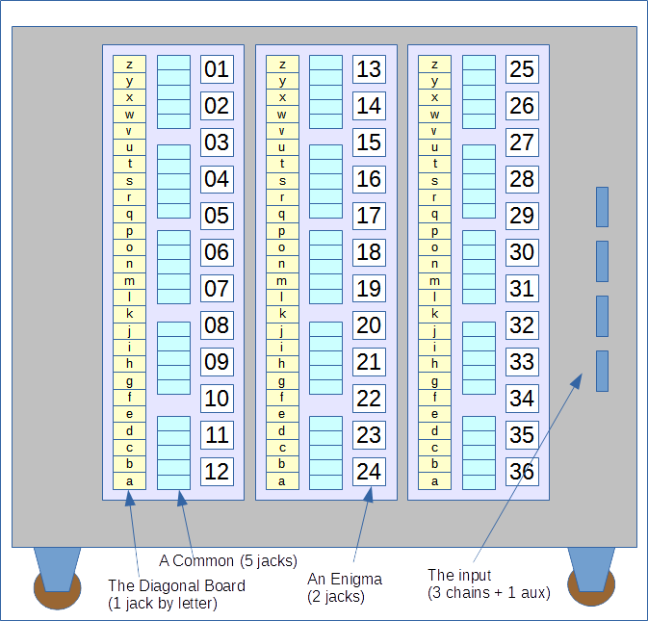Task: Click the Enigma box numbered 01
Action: tap(217, 69)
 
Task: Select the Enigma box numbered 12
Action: tap(217, 472)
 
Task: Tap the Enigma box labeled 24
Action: tap(369, 472)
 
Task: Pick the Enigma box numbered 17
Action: tap(369, 216)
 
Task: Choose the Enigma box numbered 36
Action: tap(523, 472)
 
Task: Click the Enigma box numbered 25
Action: tap(523, 69)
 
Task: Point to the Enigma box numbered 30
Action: tap(523, 252)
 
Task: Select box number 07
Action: tap(217, 289)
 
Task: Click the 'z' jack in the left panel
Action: tap(129, 65)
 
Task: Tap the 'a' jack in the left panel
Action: tap(129, 481)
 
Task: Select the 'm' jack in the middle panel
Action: tap(282, 281)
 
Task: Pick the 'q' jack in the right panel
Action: tap(434, 214)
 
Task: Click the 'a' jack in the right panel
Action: tap(434, 481)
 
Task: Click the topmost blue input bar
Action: tap(602, 207)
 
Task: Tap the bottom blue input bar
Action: tap(602, 371)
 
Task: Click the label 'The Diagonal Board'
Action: tap(176, 586)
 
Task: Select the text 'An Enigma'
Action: tap(345, 580)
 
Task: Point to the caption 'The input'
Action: tap(459, 575)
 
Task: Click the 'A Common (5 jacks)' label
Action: tap(228, 560)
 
